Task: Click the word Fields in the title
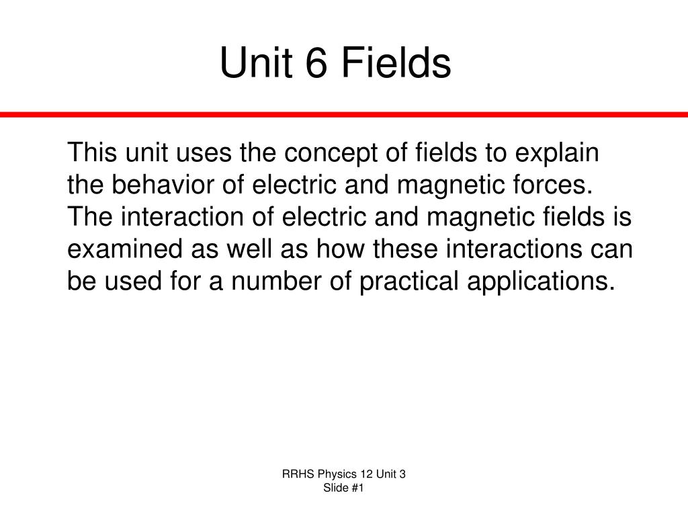(x=396, y=62)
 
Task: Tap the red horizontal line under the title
(x=344, y=114)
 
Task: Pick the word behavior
(x=163, y=184)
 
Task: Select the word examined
(x=124, y=249)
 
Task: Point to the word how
(x=341, y=249)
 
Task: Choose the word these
(x=405, y=249)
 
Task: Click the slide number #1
(x=357, y=488)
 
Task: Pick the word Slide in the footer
(x=335, y=488)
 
